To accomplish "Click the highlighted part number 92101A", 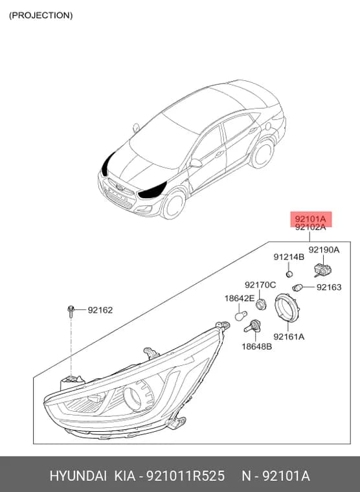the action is coord(310,219).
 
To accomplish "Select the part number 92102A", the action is coord(310,227).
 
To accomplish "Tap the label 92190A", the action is coord(324,250).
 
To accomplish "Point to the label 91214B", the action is coord(289,257).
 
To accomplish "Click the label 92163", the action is coord(329,287).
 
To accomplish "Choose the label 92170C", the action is coord(260,285).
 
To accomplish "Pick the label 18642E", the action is coord(240,298).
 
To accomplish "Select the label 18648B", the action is coord(257,347).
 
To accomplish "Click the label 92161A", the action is coord(289,337).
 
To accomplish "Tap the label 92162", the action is coord(100,310).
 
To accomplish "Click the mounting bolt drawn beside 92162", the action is coord(71,312).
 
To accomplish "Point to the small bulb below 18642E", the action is coord(241,316).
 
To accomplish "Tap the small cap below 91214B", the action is coord(289,274).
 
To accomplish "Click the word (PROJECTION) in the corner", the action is coord(41,16).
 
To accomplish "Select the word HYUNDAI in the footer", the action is coord(78,476).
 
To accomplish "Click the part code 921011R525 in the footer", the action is coord(186,476).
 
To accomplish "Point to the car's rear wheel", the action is coord(262,153).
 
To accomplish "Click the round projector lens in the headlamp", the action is coord(133,399).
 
